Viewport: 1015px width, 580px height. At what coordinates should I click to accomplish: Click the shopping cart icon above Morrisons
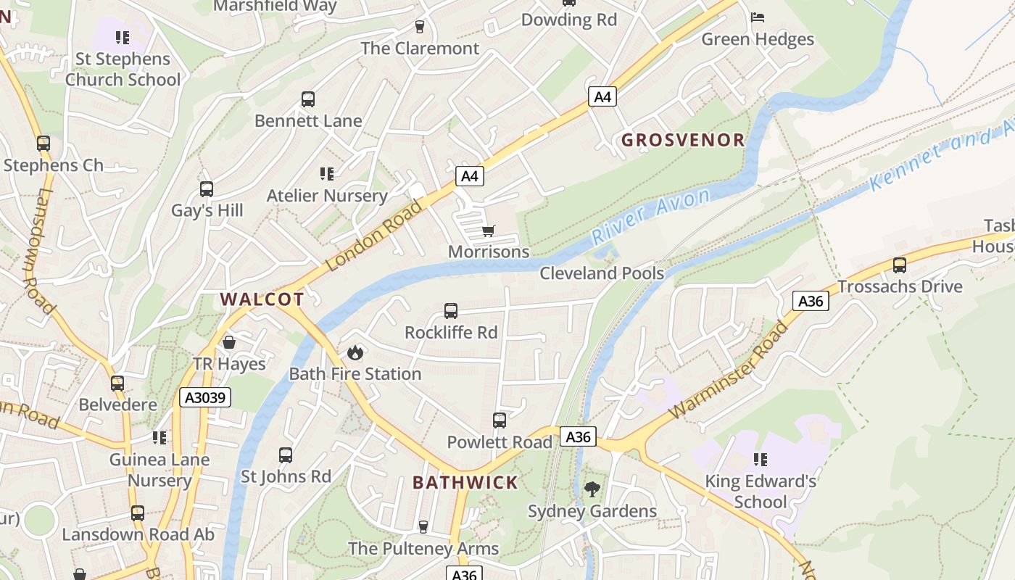coord(488,231)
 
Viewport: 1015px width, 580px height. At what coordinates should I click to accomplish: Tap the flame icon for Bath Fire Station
coord(355,352)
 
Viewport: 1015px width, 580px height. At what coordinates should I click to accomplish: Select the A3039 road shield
coord(205,397)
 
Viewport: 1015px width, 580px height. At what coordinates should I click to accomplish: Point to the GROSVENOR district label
coord(683,140)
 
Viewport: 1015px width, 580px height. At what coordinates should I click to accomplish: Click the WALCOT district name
coord(262,299)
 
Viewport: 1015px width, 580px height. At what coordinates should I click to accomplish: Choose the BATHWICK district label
coord(465,482)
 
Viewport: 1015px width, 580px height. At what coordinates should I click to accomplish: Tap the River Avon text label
coord(650,216)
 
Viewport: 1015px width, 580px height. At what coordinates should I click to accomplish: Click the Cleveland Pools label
coord(602,273)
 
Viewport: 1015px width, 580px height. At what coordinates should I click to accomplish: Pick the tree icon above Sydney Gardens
coord(592,489)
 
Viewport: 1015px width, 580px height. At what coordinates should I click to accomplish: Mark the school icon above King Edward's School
coord(760,459)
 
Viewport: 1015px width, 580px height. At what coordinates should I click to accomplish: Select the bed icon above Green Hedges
coord(758,17)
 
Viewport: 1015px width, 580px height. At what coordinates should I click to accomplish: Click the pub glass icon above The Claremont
coord(420,27)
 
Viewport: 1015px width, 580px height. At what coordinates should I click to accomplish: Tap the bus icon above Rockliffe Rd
coord(451,311)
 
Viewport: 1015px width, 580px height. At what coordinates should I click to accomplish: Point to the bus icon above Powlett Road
coord(500,420)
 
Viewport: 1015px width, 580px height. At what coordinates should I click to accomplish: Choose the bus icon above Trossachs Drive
coord(900,265)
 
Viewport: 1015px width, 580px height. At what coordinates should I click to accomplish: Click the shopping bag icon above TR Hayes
coord(229,342)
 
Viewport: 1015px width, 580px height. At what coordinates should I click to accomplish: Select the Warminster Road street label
coord(729,370)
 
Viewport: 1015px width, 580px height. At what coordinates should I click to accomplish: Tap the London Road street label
coord(373,236)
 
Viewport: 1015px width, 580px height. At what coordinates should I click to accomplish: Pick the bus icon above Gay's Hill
coord(207,189)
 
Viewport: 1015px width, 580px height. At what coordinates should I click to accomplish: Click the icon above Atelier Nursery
coord(327,174)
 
